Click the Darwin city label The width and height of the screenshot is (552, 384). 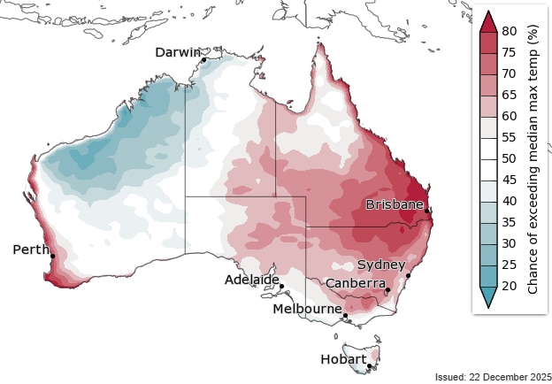pyautogui.click(x=178, y=52)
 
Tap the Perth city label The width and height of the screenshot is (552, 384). pyautogui.click(x=31, y=250)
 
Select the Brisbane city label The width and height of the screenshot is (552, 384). pyautogui.click(x=395, y=204)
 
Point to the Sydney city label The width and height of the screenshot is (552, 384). pyautogui.click(x=381, y=265)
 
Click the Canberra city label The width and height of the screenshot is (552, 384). pyautogui.click(x=355, y=282)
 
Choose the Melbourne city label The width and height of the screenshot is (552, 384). pyautogui.click(x=307, y=309)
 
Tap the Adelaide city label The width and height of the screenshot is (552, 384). pyautogui.click(x=252, y=279)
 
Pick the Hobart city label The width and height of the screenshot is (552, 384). pyautogui.click(x=343, y=359)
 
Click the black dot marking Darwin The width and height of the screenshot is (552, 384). pyautogui.click(x=204, y=60)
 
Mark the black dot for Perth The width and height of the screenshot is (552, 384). pyautogui.click(x=53, y=257)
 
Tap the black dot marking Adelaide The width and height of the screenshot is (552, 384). pyautogui.click(x=281, y=286)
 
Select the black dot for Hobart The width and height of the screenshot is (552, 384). pyautogui.click(x=368, y=365)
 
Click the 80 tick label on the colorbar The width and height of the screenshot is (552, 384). pyautogui.click(x=509, y=31)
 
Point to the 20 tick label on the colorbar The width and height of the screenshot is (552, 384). pyautogui.click(x=509, y=286)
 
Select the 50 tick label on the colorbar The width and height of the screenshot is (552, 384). pyautogui.click(x=509, y=158)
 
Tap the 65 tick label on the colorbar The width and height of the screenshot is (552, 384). pyautogui.click(x=509, y=95)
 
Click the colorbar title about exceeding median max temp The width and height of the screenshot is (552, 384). pyautogui.click(x=533, y=159)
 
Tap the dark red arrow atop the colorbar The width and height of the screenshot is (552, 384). pyautogui.click(x=486, y=21)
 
